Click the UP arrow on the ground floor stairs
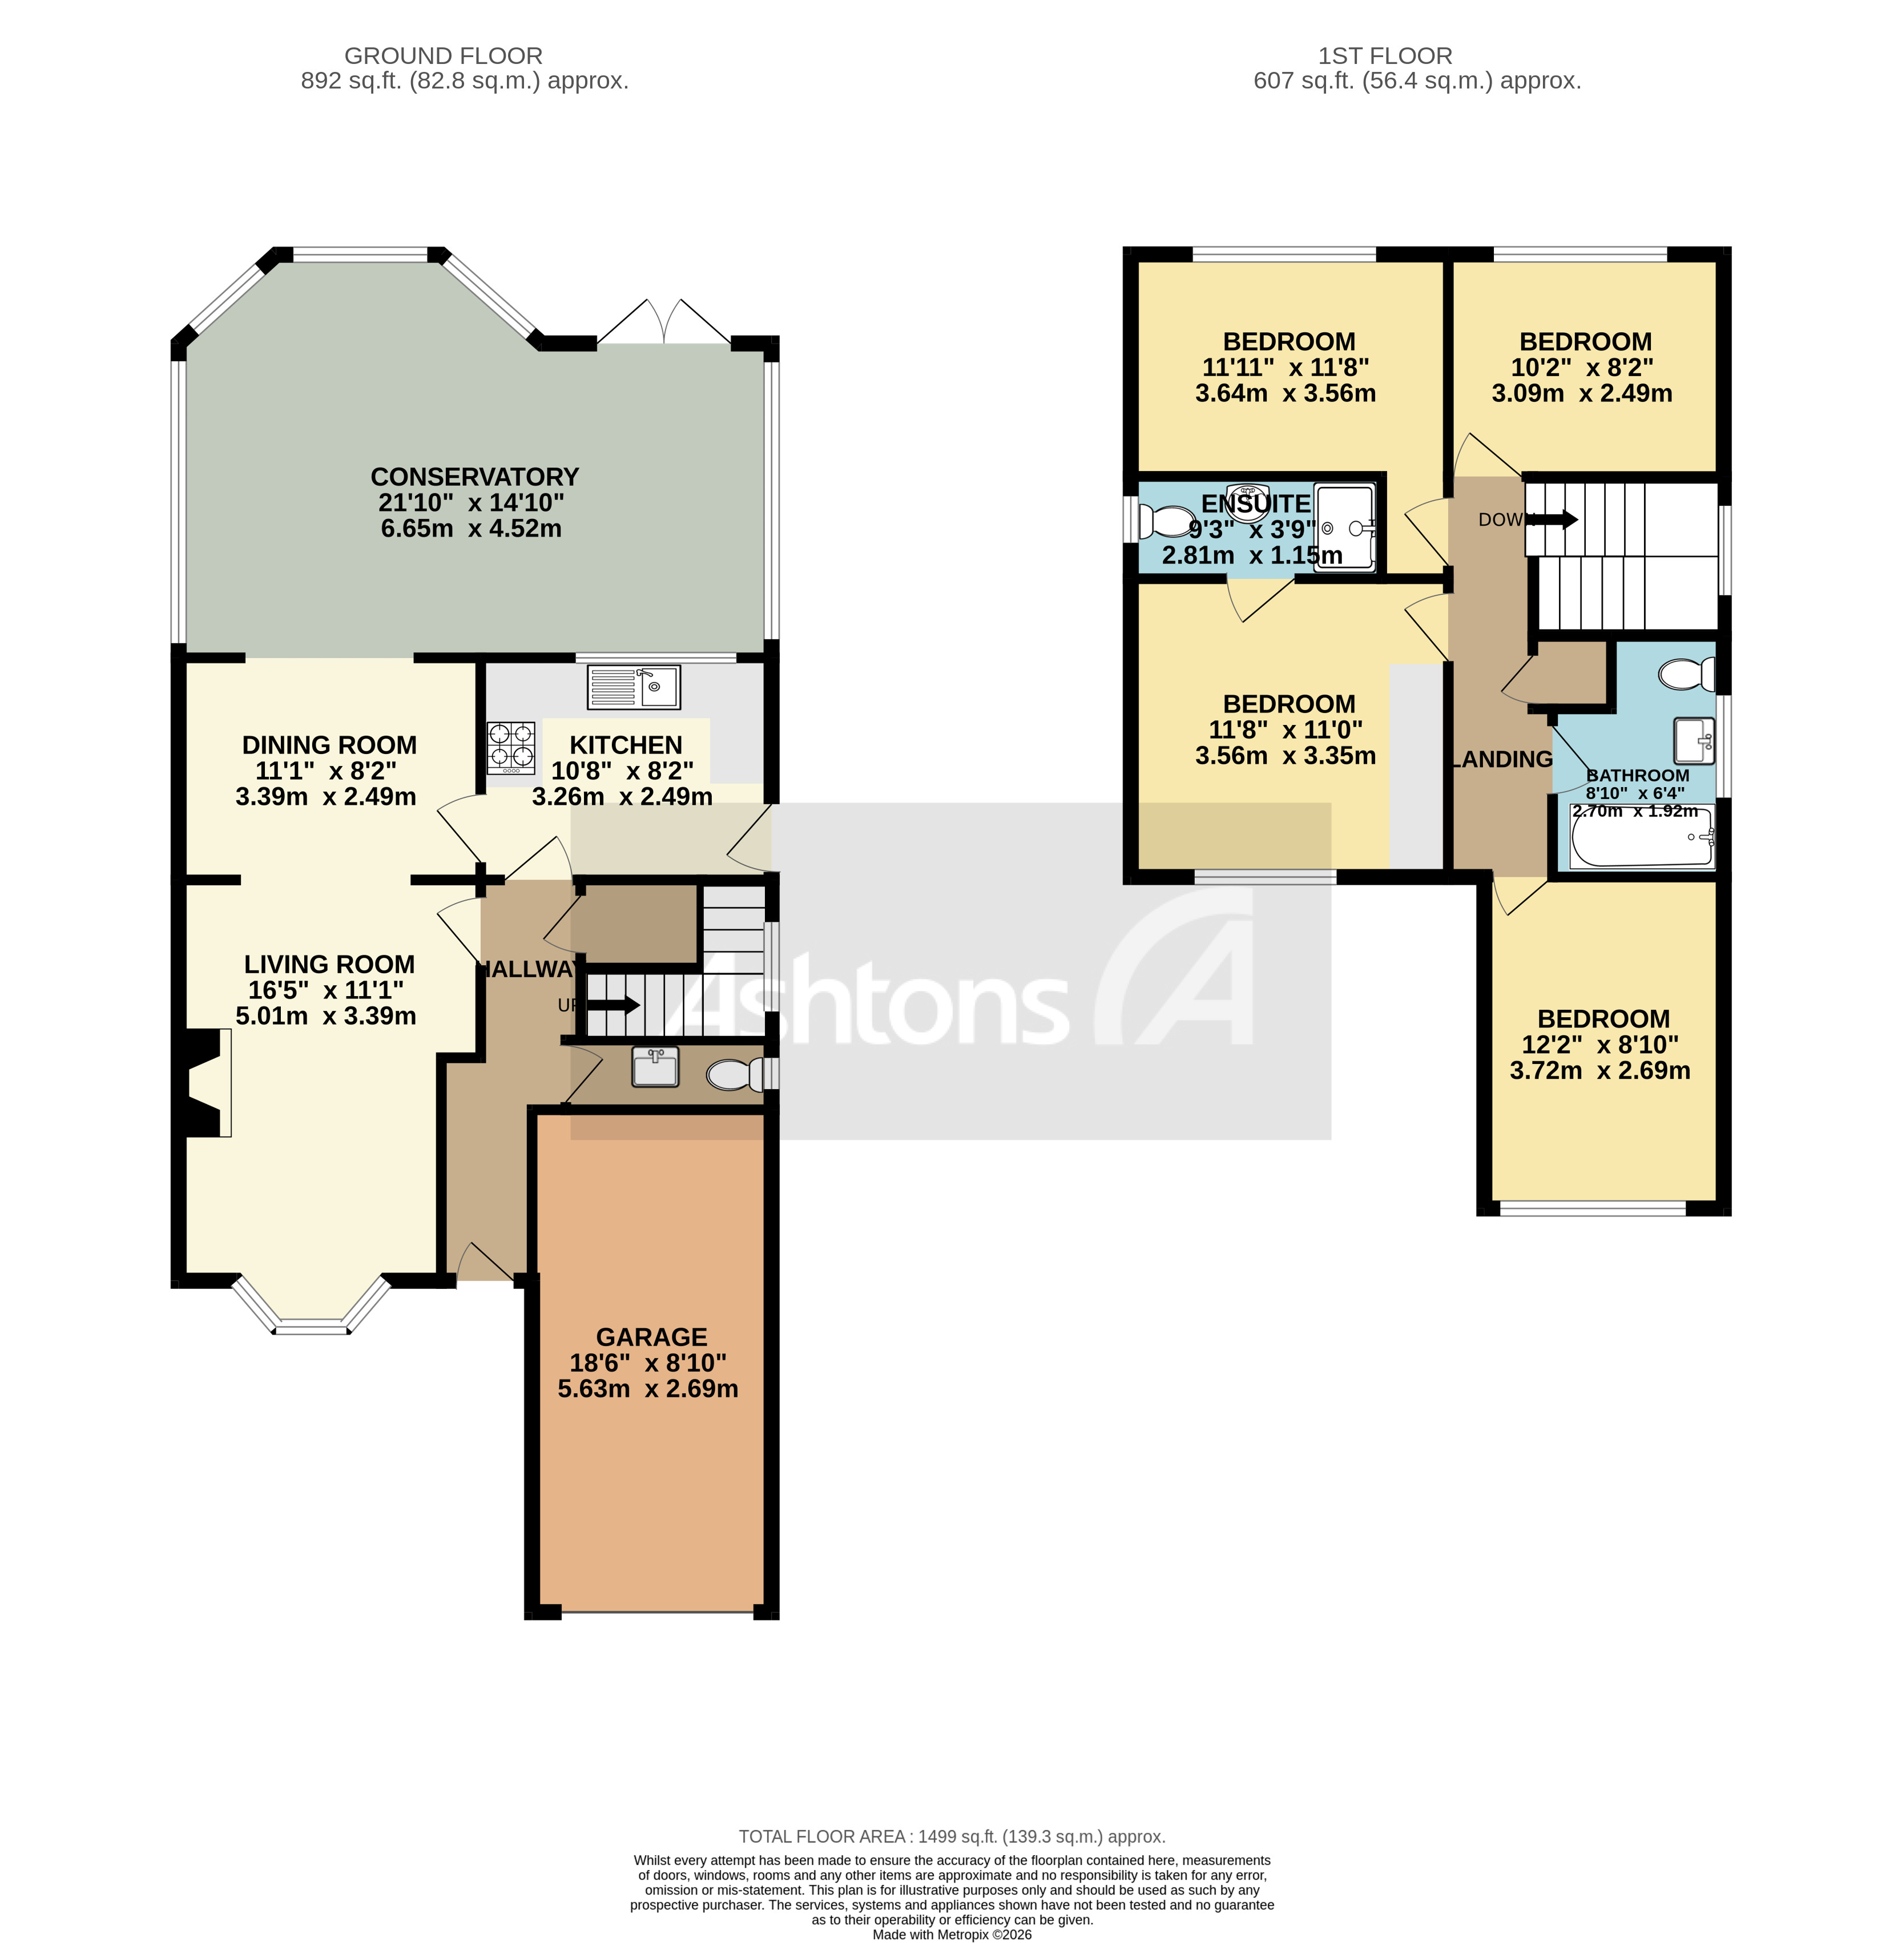pos(613,1005)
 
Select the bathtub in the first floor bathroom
pos(1641,835)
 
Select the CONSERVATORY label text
pos(474,477)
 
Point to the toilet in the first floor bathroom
pos(1686,674)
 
